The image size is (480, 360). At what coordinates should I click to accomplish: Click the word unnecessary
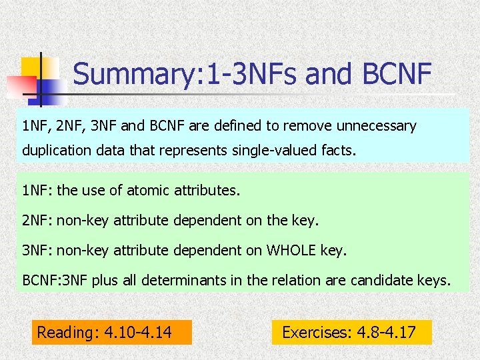[380, 125]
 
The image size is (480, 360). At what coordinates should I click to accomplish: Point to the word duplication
[54, 151]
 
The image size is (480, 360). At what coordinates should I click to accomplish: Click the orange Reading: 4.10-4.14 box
[111, 332]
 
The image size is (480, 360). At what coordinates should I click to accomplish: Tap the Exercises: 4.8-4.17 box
[351, 332]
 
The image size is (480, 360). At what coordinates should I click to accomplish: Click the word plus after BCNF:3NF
[105, 280]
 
